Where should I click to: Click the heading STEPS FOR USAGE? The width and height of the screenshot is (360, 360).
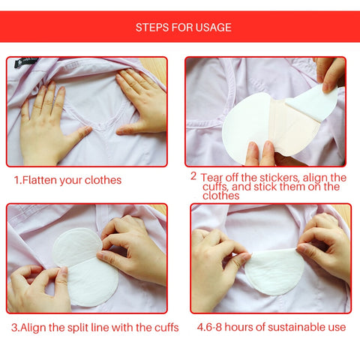(x=183, y=28)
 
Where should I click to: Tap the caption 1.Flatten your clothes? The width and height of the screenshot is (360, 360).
(x=67, y=180)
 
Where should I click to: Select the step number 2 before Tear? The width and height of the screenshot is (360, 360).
(x=193, y=176)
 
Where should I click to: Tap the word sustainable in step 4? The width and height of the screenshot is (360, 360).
(x=288, y=328)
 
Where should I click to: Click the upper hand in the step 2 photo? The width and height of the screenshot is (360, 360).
(x=330, y=75)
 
